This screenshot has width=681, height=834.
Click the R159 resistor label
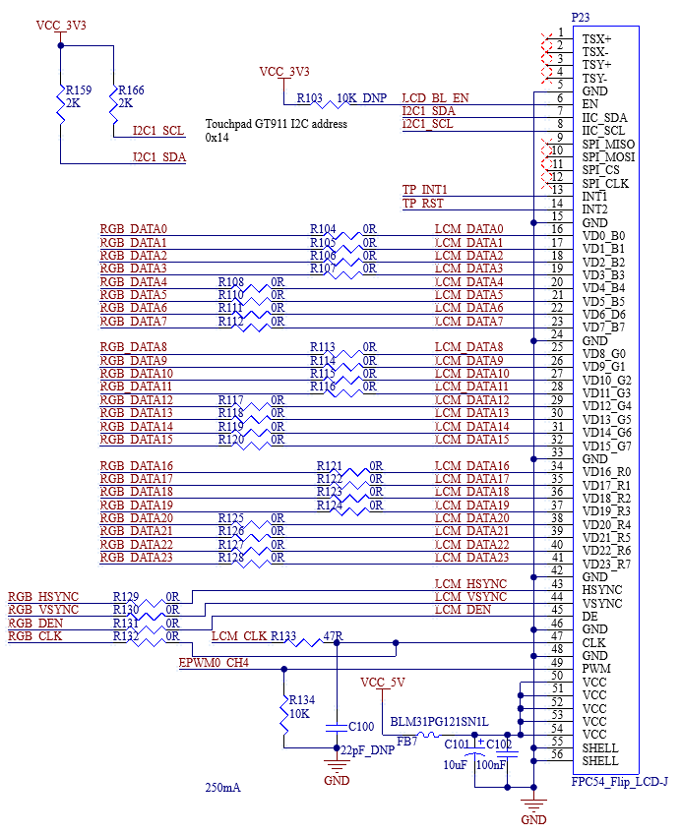(79, 89)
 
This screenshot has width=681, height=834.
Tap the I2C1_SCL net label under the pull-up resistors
(158, 131)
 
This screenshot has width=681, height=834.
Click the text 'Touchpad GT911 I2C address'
(276, 125)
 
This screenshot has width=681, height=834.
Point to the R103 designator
(310, 98)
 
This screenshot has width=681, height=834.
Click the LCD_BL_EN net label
(436, 98)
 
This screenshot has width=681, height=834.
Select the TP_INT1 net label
(425, 190)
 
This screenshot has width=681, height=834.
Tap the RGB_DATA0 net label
(134, 229)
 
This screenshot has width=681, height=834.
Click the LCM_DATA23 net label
(472, 558)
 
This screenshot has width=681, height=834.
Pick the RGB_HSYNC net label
(43, 597)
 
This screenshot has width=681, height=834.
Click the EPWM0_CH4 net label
(215, 663)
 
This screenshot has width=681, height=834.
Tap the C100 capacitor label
(361, 727)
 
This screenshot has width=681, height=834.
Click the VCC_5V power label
(383, 683)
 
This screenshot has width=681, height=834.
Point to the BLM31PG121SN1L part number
(439, 721)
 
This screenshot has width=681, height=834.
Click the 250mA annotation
(222, 788)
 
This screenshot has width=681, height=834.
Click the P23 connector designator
(582, 18)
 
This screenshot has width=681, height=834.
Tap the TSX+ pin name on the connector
(596, 38)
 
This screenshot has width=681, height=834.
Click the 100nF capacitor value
(492, 763)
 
